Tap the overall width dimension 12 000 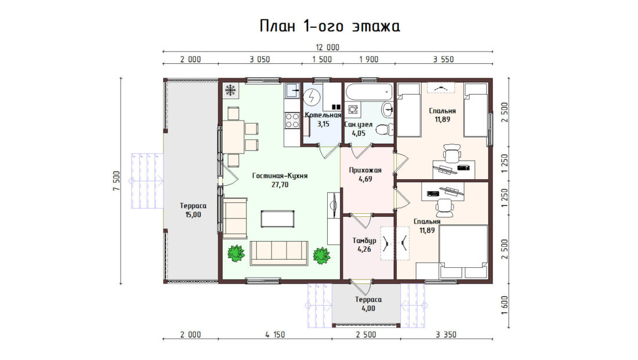(x=328, y=47)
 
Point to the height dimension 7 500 (x=117, y=181)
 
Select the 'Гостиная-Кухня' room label (x=280, y=176)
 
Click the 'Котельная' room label (x=322, y=115)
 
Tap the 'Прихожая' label (x=365, y=170)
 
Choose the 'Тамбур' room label (x=364, y=241)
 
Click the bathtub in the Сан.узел (x=369, y=92)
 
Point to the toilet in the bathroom (x=385, y=130)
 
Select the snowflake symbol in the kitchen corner (x=231, y=90)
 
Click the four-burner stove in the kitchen (x=292, y=121)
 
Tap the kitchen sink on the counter (x=292, y=90)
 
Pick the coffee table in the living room (x=277, y=219)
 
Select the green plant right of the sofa (x=321, y=256)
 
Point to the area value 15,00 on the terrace (x=193, y=214)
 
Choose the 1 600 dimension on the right (x=505, y=305)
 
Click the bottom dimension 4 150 (x=275, y=334)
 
